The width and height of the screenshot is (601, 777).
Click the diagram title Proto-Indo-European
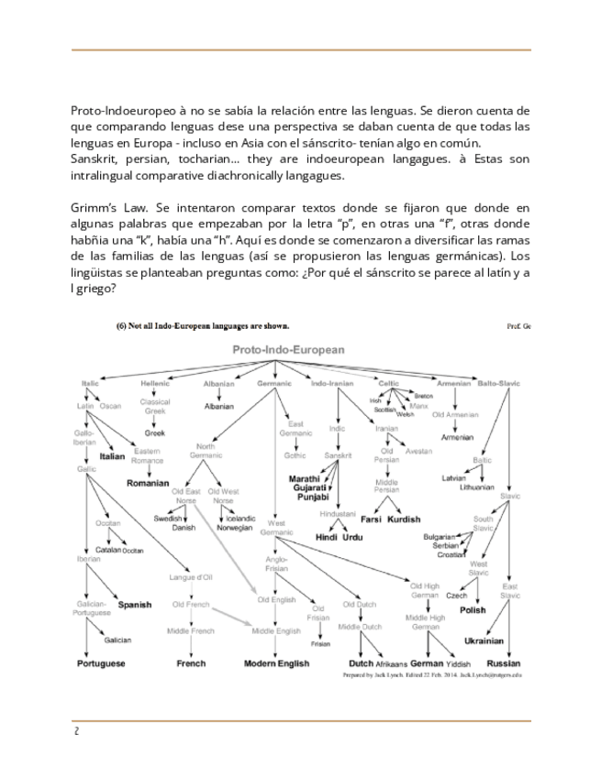(x=288, y=349)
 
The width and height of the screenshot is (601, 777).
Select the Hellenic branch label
(x=155, y=382)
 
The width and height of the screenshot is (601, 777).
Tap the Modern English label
(x=277, y=662)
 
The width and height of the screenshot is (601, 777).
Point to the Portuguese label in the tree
(x=101, y=662)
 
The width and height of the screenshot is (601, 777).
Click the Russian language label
(x=504, y=662)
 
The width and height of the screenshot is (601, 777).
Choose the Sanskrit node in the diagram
(x=339, y=455)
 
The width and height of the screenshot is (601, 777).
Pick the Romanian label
(x=148, y=483)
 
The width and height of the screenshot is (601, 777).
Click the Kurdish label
(x=404, y=520)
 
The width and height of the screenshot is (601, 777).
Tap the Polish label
(x=473, y=609)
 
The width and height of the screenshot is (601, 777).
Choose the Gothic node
(x=295, y=455)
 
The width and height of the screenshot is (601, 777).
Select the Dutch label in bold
(x=362, y=662)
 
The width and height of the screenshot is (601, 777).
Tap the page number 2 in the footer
(x=77, y=732)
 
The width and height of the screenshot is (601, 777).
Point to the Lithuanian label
(x=477, y=487)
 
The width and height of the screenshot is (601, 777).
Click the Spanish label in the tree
(x=135, y=605)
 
